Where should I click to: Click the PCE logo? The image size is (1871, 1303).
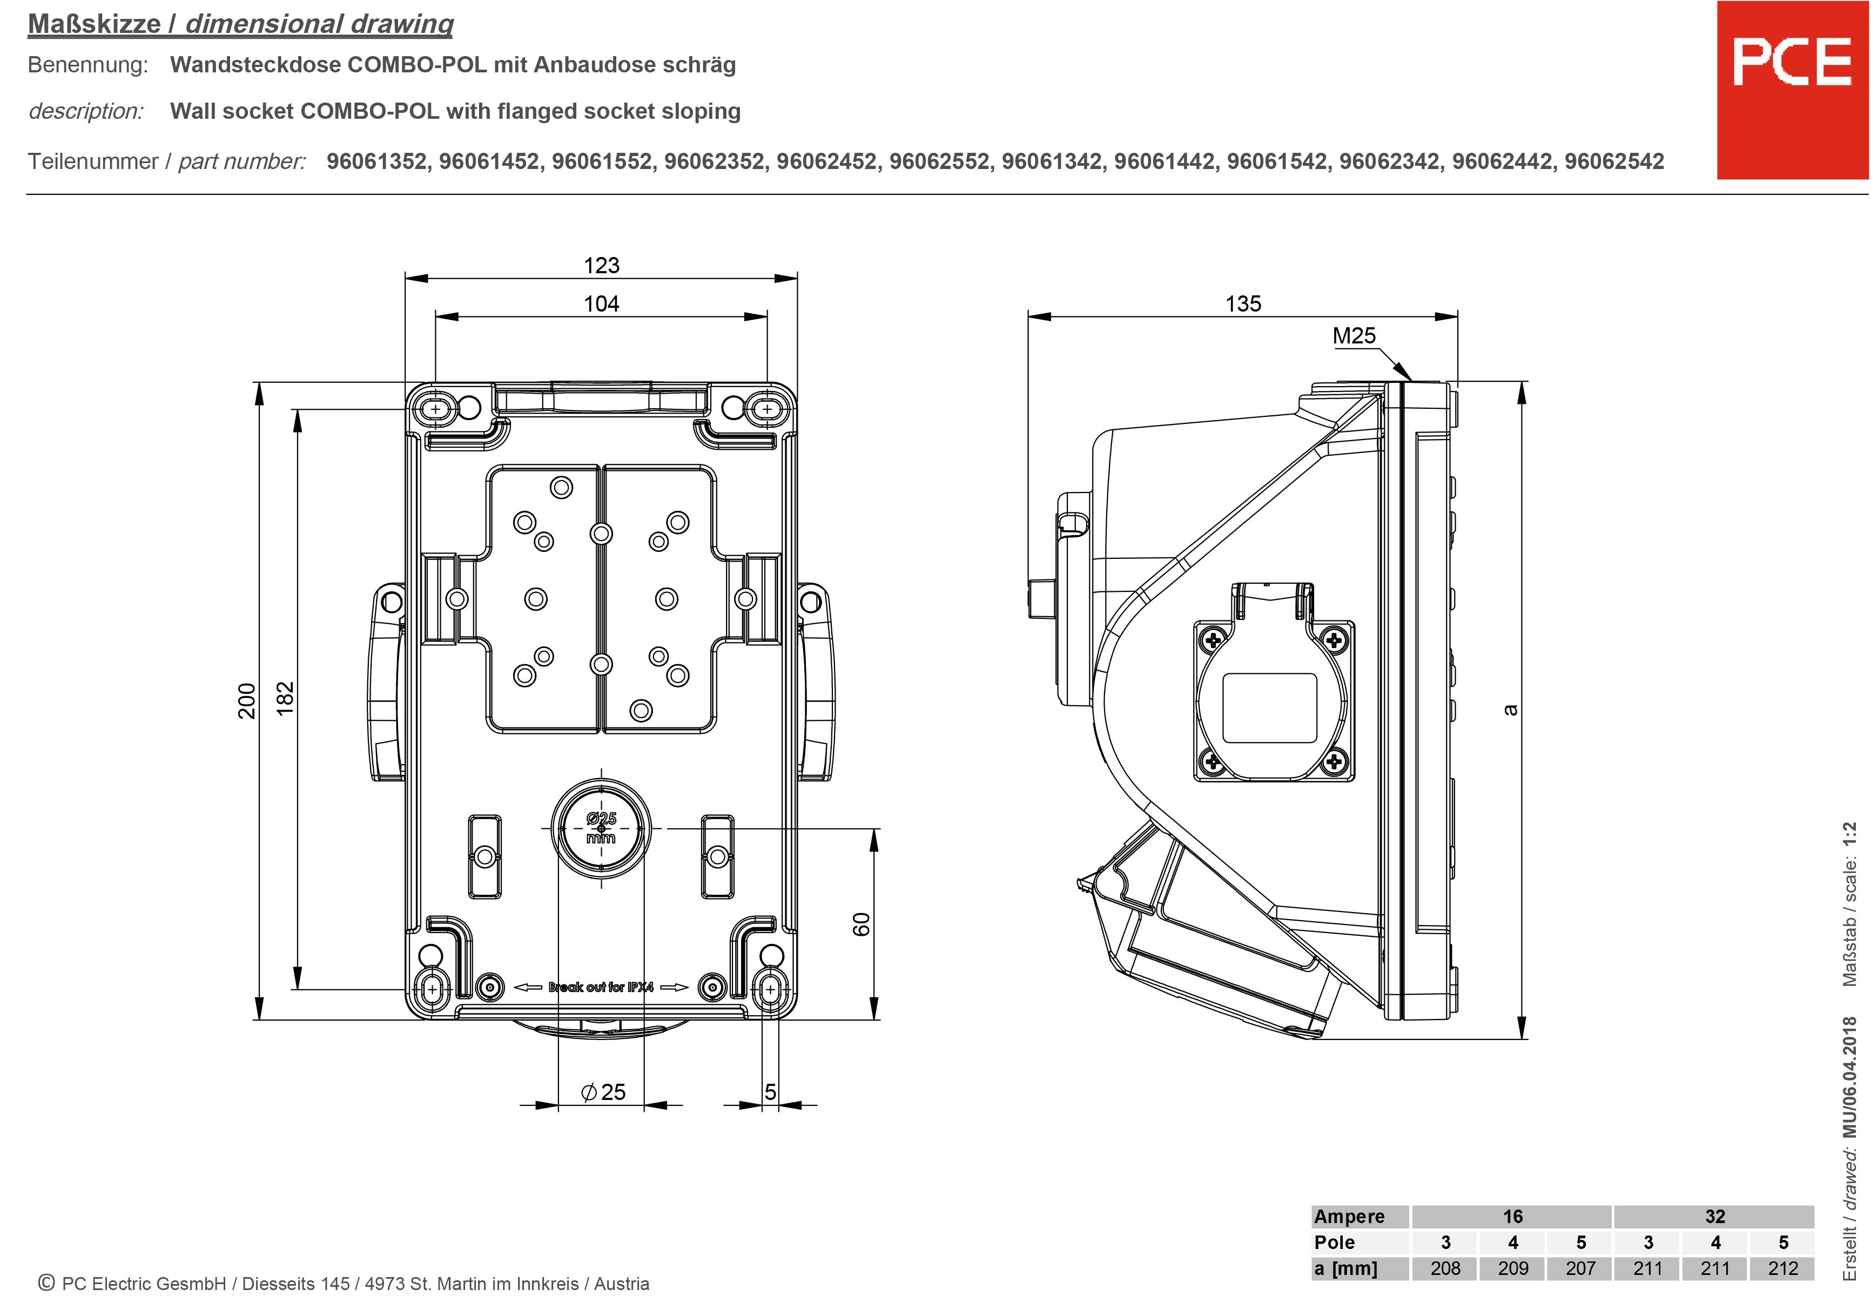pos(1791,90)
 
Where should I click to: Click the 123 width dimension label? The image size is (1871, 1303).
pos(601,266)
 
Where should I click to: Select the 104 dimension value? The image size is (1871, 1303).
pos(601,304)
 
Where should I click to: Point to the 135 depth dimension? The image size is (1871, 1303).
pos(1243,304)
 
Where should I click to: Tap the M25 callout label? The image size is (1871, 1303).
pos(1354,336)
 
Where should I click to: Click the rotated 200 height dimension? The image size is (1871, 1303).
pos(246,701)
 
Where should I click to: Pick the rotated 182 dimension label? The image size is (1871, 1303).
pos(285,699)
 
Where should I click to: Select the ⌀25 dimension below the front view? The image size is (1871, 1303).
pos(603,1092)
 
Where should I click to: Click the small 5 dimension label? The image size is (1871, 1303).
pos(770,1092)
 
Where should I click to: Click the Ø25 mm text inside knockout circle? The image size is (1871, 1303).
pos(601,828)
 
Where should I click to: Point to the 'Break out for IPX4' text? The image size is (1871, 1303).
pos(601,987)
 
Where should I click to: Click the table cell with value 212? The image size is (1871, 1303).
pos(1782,1268)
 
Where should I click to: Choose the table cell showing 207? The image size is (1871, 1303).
pos(1580,1268)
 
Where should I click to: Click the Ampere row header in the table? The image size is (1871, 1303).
pos(1349,1217)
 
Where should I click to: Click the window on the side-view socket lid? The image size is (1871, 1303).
pos(1270,707)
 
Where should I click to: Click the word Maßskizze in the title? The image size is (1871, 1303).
pos(94,24)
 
